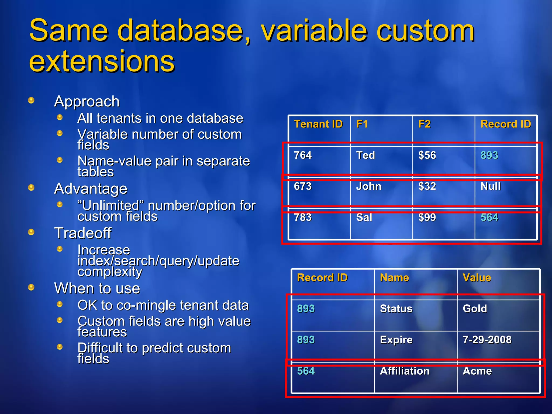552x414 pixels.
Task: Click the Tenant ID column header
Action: point(318,124)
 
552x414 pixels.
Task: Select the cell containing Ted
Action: point(365,155)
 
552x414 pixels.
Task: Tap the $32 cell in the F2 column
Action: point(427,186)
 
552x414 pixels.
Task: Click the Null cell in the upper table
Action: point(491,186)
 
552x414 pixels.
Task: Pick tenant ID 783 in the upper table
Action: point(303,217)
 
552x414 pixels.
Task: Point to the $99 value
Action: point(427,217)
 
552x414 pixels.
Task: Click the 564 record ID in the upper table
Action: point(489,217)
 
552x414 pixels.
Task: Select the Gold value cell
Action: point(475,309)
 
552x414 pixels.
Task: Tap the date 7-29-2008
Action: point(487,340)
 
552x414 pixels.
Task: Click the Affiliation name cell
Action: point(404,371)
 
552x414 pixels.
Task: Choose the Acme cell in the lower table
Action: point(477,371)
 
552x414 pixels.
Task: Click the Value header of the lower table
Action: point(477,278)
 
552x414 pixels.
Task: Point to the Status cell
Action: point(396,309)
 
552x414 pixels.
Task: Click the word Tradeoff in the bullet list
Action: point(83,233)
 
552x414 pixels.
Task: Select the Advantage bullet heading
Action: point(91,189)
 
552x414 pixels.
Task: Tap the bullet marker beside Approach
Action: point(31,101)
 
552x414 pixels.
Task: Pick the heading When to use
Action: point(97,288)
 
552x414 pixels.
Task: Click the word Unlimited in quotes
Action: point(111,206)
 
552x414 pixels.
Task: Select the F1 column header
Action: point(362,124)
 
